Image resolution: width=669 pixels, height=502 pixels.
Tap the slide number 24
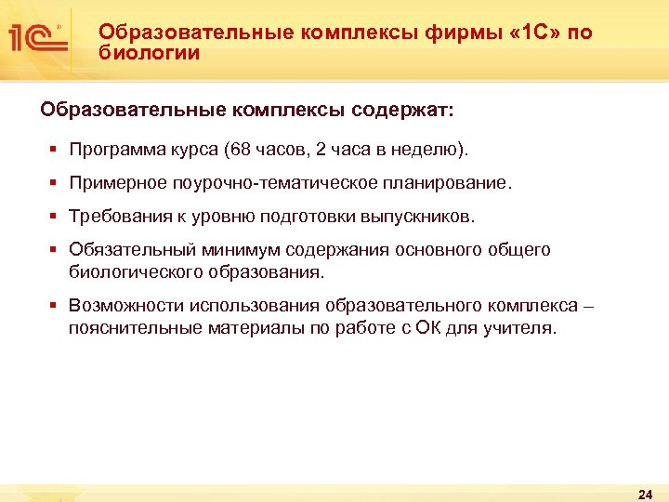646,493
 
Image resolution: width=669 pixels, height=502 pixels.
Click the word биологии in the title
150,53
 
